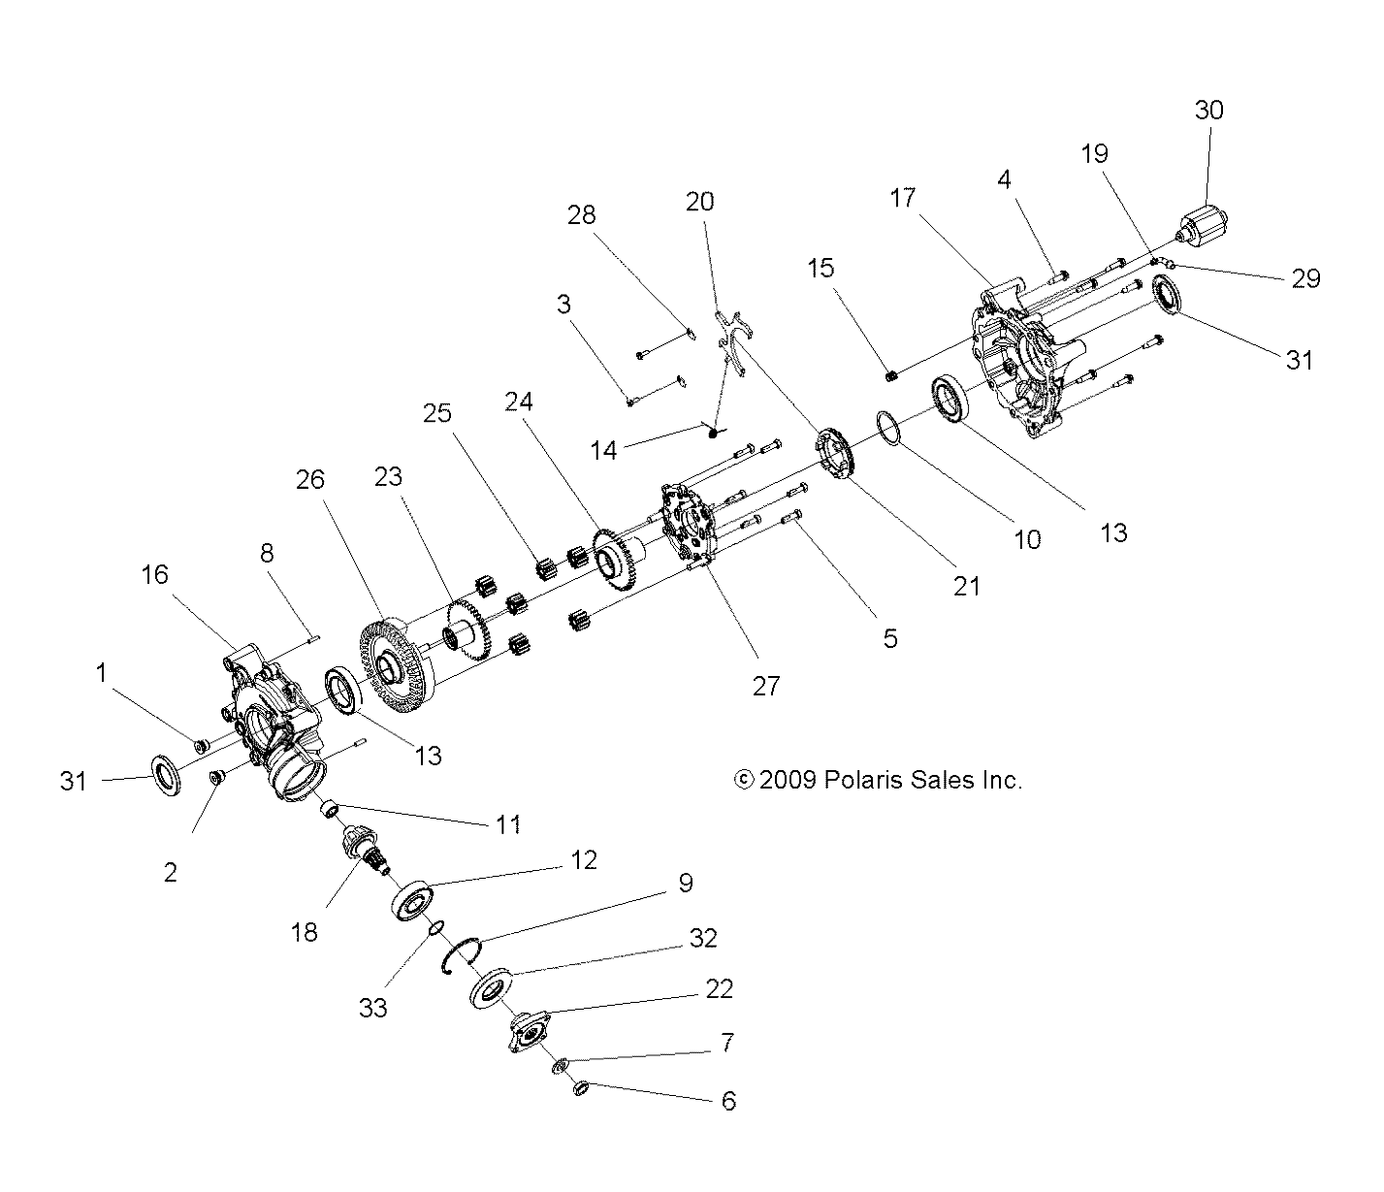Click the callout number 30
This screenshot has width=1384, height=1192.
(x=1208, y=111)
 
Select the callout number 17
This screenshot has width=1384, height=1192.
(x=902, y=198)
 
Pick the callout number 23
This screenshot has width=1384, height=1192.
(x=388, y=477)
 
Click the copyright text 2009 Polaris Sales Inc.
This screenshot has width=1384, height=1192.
(x=879, y=779)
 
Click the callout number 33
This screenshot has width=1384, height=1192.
(x=372, y=1008)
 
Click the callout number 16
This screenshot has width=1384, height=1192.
(x=154, y=574)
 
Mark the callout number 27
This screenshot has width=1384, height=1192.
(x=765, y=686)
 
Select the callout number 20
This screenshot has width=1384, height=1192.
(x=699, y=201)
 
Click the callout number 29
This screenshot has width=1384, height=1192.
(x=1306, y=278)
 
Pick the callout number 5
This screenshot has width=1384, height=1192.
(x=890, y=638)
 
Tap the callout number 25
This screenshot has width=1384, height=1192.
(x=436, y=413)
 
